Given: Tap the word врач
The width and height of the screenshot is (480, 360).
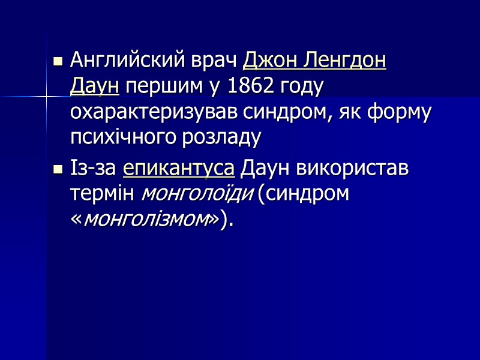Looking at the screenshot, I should (218, 61).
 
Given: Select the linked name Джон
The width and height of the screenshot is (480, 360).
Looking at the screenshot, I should (269, 61).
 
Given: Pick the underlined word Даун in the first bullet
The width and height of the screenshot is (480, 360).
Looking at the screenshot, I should (95, 88).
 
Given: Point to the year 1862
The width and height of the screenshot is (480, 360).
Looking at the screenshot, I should (250, 88).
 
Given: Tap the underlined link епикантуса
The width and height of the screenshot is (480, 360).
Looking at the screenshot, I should (179, 169).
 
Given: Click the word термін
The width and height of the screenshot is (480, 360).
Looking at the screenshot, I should (103, 194).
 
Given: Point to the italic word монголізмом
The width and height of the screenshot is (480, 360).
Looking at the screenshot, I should (146, 220).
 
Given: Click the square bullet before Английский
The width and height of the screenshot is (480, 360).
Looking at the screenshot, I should (58, 62).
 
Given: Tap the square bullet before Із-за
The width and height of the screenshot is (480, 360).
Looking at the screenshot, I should (58, 169).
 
